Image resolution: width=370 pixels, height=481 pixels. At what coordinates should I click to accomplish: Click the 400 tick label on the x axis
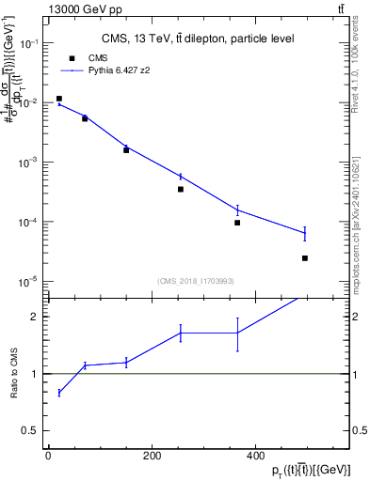pyautogui.click(x=255, y=456)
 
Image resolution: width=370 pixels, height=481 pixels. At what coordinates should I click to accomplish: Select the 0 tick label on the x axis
pyautogui.click(x=49, y=456)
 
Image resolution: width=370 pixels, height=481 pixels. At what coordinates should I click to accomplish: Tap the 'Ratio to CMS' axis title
pyautogui.click(x=16, y=374)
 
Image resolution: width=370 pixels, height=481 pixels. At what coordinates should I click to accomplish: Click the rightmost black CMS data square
pyautogui.click(x=305, y=257)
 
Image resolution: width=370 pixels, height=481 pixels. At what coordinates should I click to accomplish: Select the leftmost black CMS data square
pyautogui.click(x=58, y=99)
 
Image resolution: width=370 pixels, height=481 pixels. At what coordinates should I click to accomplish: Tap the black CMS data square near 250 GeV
pyautogui.click(x=180, y=189)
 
